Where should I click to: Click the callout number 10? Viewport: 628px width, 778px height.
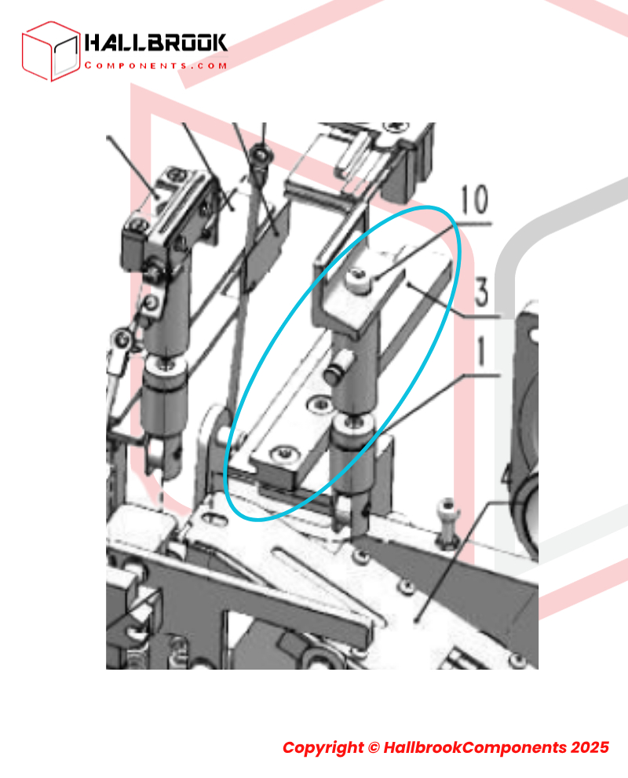pos(475,199)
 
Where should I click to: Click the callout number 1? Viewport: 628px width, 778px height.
pos(481,351)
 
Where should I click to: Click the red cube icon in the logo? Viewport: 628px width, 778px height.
pos(51,51)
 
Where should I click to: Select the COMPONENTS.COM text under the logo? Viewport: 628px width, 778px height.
pos(156,65)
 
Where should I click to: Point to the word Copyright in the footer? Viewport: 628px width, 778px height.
pos(323,747)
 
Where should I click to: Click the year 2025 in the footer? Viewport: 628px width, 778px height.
pos(590,747)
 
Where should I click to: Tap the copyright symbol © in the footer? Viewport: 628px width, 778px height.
pos(374,747)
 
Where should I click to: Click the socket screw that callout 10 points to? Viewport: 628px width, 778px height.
pos(358,279)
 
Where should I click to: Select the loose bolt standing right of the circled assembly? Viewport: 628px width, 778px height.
pos(447,523)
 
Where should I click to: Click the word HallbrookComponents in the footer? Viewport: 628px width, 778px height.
pos(475,747)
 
